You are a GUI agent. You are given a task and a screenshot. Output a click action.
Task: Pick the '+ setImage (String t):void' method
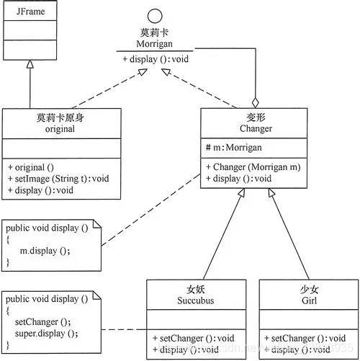pos(53,179)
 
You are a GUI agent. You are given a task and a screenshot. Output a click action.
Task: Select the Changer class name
pos(254,129)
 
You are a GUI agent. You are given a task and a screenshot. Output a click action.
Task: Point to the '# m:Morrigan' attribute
pos(231,147)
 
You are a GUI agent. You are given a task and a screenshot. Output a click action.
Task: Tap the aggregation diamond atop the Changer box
pos(254,103)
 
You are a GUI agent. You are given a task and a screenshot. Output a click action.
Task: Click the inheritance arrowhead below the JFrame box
pos(30,64)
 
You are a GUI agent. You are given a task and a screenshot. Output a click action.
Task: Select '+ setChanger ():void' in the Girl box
pos(303,337)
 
